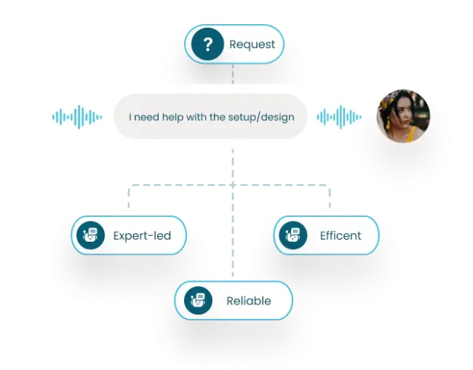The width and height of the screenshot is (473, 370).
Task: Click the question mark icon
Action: pos(208,45)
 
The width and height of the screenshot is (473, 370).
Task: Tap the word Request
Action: pos(252,44)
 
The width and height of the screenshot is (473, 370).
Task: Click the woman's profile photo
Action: pos(400,116)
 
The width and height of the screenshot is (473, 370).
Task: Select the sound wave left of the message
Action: pos(77,117)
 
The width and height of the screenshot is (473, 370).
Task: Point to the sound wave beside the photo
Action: pos(339,117)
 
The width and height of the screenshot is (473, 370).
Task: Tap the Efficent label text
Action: pos(341,236)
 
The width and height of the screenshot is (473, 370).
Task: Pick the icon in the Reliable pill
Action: pos(197,301)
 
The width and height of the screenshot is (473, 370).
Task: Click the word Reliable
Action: pos(248,301)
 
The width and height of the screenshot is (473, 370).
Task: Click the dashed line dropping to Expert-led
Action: pos(130,200)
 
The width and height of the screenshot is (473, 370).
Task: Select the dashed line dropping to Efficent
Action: pos(330,200)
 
